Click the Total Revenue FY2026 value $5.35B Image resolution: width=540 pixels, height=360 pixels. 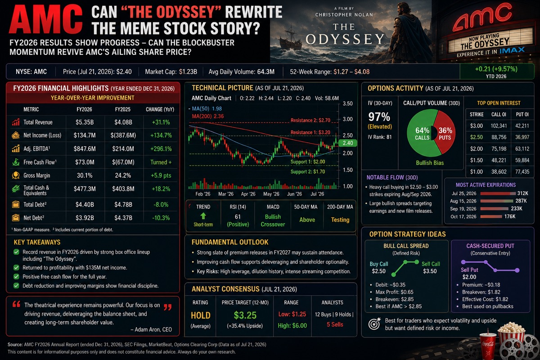(x=85, y=122)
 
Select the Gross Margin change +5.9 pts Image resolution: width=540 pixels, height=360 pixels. (x=161, y=175)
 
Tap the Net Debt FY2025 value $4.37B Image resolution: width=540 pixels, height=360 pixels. (x=123, y=218)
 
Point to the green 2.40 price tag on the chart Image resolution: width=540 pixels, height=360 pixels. (x=347, y=143)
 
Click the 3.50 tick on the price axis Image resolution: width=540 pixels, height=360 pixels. (x=347, y=103)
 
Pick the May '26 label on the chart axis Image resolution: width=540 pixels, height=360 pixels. (x=271, y=194)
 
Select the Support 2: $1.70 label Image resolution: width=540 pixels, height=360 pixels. (x=308, y=172)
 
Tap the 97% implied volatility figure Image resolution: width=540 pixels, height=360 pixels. (x=379, y=117)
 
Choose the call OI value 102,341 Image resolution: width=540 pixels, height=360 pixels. (x=499, y=126)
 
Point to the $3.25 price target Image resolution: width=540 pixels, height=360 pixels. (x=245, y=315)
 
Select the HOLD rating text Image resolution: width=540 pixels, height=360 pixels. (x=201, y=315)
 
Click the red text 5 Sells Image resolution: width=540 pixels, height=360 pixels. (x=335, y=324)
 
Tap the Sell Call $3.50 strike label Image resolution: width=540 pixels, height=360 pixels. (x=431, y=268)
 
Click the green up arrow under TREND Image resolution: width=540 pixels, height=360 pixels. (x=203, y=216)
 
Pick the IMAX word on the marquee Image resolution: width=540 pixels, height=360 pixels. (x=512, y=51)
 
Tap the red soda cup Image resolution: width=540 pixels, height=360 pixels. (x=488, y=345)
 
